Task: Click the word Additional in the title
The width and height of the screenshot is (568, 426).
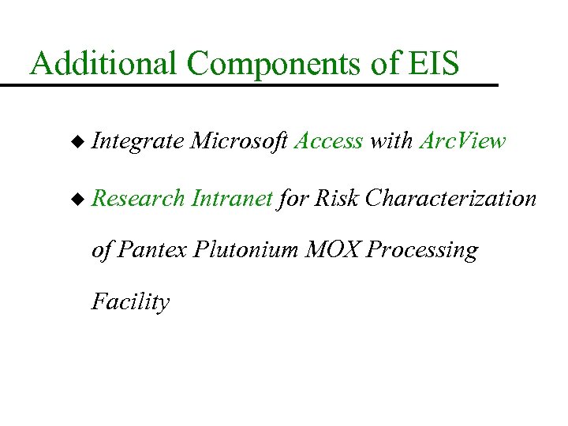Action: [97, 63]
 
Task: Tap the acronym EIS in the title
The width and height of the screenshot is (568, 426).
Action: [434, 63]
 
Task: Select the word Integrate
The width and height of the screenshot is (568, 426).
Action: [138, 143]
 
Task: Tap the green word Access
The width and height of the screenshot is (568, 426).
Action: [328, 142]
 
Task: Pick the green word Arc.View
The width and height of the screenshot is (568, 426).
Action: [462, 142]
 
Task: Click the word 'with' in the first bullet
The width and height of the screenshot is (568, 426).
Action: [390, 142]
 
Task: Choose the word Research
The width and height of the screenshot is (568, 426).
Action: [138, 199]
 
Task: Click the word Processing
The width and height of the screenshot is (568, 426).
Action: [423, 252]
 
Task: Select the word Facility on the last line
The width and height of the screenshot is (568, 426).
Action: [130, 302]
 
